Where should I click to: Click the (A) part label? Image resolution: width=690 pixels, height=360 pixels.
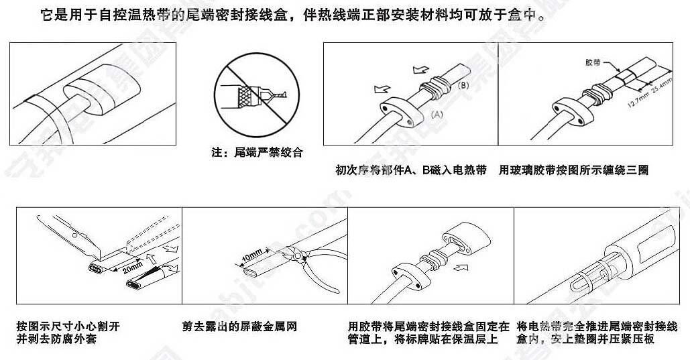coord(436,115)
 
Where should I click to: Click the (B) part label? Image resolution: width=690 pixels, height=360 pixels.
coord(463,86)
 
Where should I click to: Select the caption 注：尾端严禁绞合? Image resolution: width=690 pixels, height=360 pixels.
coord(257,152)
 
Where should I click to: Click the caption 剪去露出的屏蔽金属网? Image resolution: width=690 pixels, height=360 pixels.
coord(239,326)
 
